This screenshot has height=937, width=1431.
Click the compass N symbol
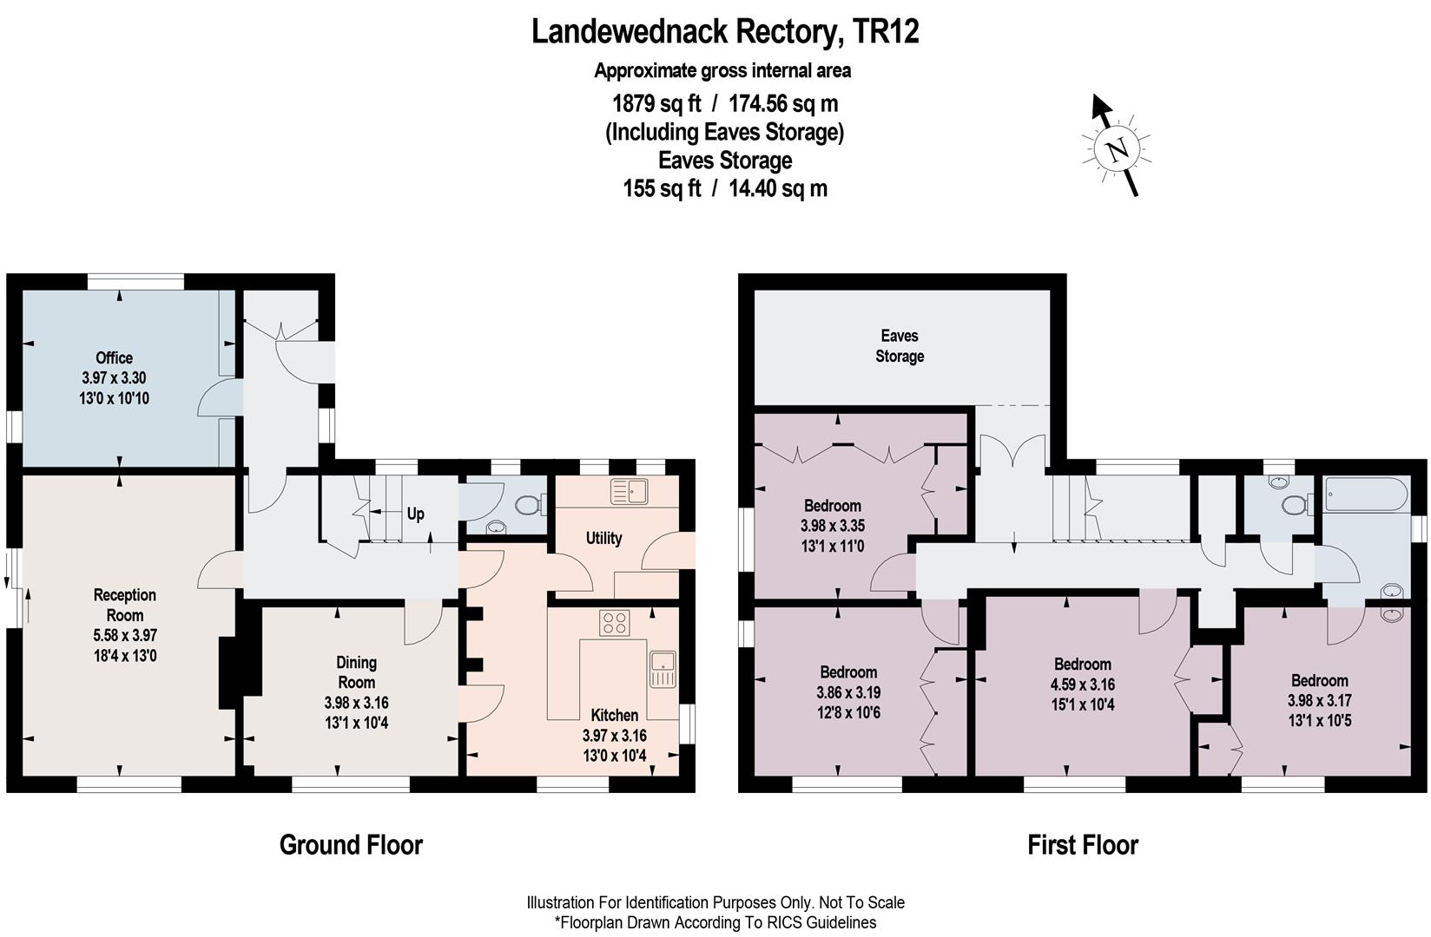[1118, 149]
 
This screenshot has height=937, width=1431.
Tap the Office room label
[114, 358]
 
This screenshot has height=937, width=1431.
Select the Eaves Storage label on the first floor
[900, 346]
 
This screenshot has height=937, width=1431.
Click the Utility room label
[603, 538]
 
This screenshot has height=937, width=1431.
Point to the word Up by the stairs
[416, 514]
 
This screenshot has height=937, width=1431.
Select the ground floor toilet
[529, 504]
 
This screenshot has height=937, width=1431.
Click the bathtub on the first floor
[1364, 495]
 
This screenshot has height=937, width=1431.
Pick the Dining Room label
[356, 672]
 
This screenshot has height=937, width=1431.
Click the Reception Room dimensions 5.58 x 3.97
[125, 636]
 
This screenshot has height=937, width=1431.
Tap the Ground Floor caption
[351, 845]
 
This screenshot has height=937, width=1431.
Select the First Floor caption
[1083, 845]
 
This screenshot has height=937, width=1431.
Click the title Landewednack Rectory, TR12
[725, 32]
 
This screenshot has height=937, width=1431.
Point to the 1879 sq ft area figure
[656, 104]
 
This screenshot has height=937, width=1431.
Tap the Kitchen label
[615, 716]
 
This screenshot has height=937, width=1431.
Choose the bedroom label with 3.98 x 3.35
[833, 506]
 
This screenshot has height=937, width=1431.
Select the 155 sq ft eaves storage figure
[662, 188]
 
